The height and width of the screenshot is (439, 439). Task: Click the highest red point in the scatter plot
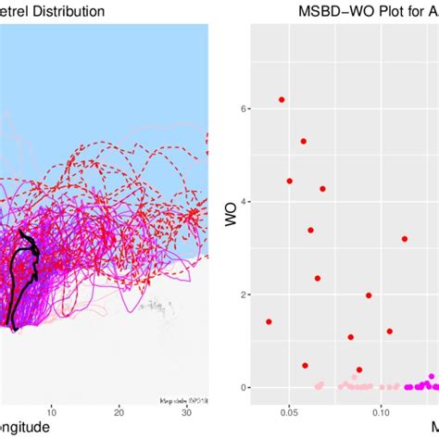[x=282, y=99]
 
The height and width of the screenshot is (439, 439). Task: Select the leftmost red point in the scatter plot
[x=269, y=321]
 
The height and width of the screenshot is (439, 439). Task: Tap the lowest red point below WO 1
[x=305, y=365]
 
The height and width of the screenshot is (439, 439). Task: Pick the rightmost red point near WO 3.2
[x=404, y=239]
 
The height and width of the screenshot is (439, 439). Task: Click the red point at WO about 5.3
[x=303, y=141]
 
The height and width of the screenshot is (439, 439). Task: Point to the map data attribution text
[x=183, y=399]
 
